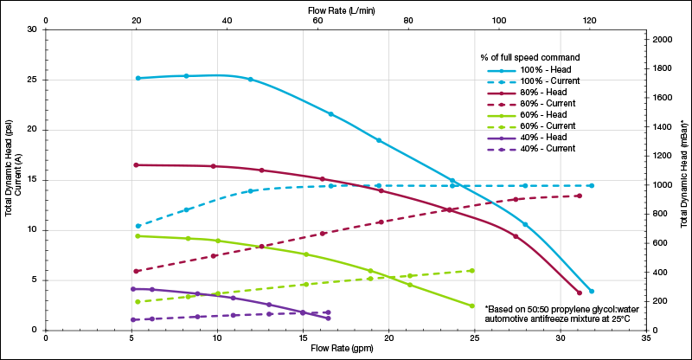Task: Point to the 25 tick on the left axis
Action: coord(33,80)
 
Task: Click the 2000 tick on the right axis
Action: coord(662,40)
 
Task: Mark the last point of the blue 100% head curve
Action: coord(592,291)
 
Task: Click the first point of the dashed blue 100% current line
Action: coord(138,226)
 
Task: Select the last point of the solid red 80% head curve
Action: coord(580,292)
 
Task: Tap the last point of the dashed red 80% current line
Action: coord(579,196)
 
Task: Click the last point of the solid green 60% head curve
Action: coord(472,305)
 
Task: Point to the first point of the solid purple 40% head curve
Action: coord(132,288)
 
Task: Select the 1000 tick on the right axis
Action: coord(662,185)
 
